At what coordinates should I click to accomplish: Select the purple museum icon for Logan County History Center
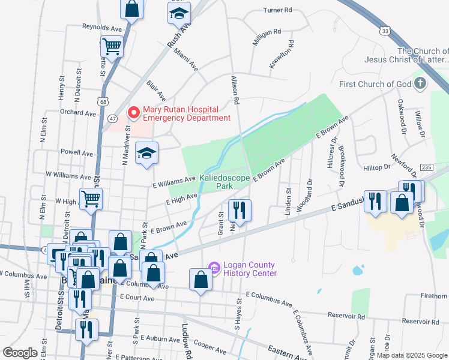[x=214, y=267]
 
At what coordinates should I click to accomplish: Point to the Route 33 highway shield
[x=385, y=30]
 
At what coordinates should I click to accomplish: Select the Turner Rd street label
[x=277, y=10]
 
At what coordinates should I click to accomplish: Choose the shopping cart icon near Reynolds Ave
[x=112, y=46]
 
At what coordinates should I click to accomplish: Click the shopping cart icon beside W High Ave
[x=91, y=198]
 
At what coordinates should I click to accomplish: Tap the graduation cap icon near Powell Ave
[x=146, y=153]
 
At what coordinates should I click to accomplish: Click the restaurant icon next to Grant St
[x=240, y=210]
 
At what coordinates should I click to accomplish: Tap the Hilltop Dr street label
[x=377, y=169]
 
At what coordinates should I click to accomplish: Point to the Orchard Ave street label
[x=78, y=113]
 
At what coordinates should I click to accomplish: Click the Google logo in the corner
[x=20, y=353]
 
